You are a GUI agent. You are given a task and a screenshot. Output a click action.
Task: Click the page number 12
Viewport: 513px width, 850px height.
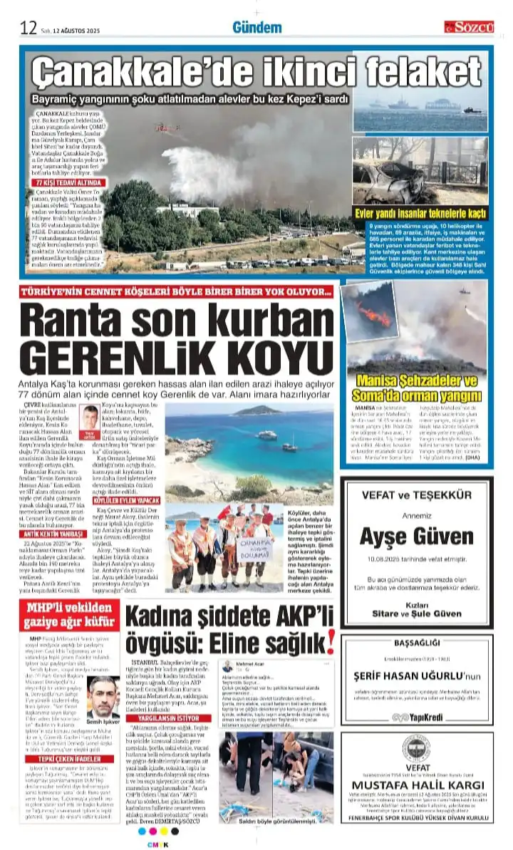coord(28,27)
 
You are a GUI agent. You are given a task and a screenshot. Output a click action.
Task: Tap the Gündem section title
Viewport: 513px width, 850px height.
coord(256,27)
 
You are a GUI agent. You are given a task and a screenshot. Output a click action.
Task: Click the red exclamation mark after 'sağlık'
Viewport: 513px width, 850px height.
coord(331,643)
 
